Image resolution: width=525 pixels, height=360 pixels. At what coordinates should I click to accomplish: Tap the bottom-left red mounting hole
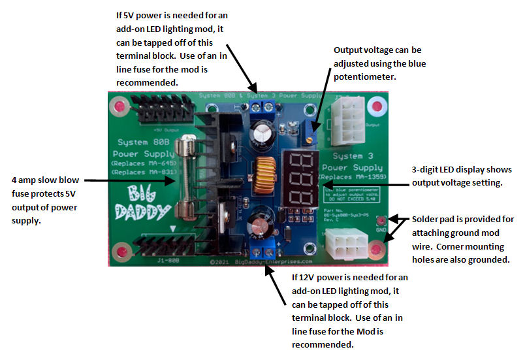point(121,252)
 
